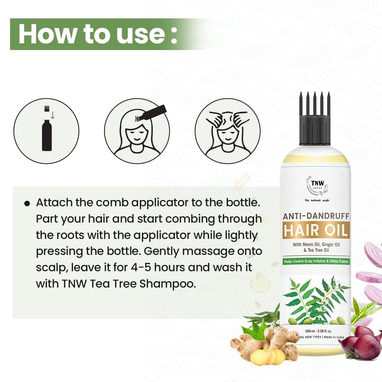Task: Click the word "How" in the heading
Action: point(47,33)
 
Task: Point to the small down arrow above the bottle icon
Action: point(52,115)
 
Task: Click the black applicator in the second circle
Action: point(152,113)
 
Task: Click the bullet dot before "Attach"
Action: point(27,203)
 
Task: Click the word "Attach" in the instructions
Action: point(54,202)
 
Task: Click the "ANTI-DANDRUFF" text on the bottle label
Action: point(316,216)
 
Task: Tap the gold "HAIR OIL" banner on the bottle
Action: point(316,230)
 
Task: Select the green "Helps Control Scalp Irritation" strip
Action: point(316,261)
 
